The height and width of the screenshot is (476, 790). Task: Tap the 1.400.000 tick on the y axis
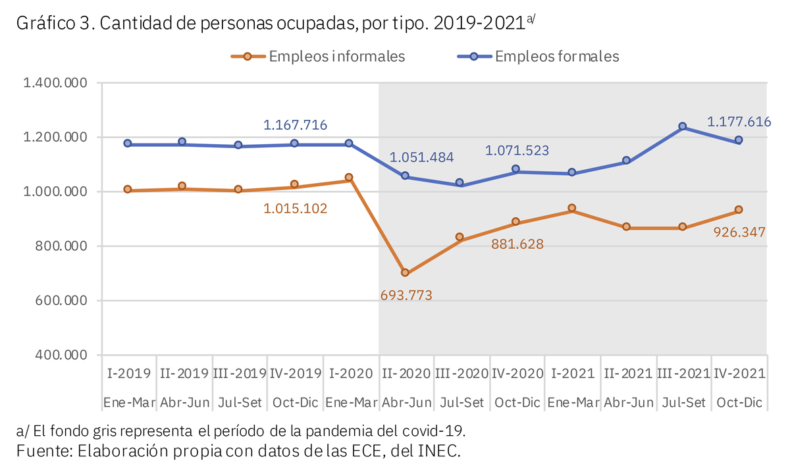(x=56, y=83)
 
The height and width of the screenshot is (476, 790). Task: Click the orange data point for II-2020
(x=405, y=273)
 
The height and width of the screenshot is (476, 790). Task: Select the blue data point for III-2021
(x=682, y=126)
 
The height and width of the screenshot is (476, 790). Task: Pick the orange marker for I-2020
(x=349, y=178)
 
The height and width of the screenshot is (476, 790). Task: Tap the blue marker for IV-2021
(x=739, y=140)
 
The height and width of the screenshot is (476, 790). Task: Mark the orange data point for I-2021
(x=571, y=209)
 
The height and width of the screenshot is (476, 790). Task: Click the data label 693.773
(x=406, y=295)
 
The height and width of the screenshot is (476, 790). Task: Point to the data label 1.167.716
(x=295, y=125)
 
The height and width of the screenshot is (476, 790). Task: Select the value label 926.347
(x=740, y=232)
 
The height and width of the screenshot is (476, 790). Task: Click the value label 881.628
(x=517, y=244)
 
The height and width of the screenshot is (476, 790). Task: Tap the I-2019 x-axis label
(x=128, y=373)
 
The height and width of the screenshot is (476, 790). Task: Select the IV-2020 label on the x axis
(x=517, y=373)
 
